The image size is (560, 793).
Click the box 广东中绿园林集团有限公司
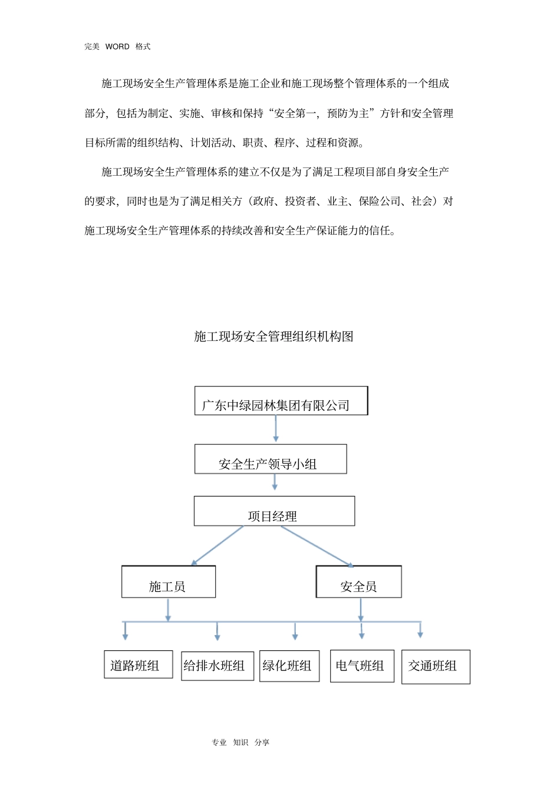tap(281, 401)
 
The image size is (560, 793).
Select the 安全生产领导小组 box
tap(271, 459)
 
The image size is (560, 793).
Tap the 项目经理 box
tap(274, 511)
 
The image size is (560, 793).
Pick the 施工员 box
tap(169, 582)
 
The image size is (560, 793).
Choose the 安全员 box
tap(358, 582)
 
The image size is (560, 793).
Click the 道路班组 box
tap(139, 664)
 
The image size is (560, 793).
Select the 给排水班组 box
tap(218, 666)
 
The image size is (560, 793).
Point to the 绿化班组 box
tap(289, 666)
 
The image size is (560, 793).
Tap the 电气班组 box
tap(362, 666)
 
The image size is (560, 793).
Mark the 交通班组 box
tap(436, 667)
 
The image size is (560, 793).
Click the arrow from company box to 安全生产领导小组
tap(276, 429)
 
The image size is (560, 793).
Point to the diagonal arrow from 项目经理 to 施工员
tap(218, 545)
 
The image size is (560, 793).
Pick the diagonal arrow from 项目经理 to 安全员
tap(317, 546)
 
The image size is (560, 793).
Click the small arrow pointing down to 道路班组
tap(125, 631)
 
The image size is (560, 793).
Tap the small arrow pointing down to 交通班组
tap(420, 630)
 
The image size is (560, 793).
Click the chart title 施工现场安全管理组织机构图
tap(274, 337)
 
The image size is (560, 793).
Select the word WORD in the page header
tap(117, 47)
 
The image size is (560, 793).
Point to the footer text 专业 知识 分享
tap(241, 742)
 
